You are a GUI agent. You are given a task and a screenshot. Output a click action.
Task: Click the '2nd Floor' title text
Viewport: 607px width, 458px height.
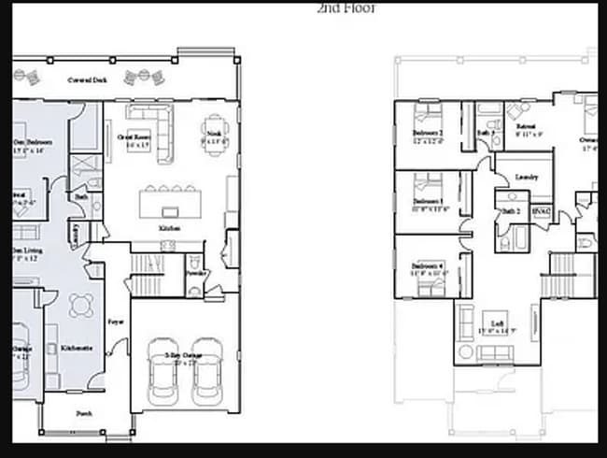(346, 7)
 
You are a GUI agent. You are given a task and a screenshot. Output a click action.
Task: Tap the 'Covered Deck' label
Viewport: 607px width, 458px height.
(88, 80)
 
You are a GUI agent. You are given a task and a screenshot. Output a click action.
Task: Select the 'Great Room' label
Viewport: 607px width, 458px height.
(139, 136)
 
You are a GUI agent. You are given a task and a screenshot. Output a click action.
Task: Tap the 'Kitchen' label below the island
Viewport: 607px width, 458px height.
(169, 228)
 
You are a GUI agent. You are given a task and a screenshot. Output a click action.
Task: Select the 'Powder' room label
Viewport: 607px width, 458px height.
(195, 274)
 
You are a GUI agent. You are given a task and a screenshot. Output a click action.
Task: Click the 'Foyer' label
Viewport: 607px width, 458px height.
(116, 321)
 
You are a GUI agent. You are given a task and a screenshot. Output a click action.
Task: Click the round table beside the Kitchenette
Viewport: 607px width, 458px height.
(81, 306)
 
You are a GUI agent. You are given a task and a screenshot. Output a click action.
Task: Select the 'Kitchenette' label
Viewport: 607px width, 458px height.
(76, 348)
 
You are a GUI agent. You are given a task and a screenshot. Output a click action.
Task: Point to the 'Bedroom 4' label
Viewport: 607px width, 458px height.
(429, 267)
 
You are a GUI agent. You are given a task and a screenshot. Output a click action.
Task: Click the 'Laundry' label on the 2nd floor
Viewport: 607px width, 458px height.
(525, 177)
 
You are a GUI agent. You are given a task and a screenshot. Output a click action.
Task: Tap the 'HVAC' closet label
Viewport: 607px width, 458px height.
(541, 212)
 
